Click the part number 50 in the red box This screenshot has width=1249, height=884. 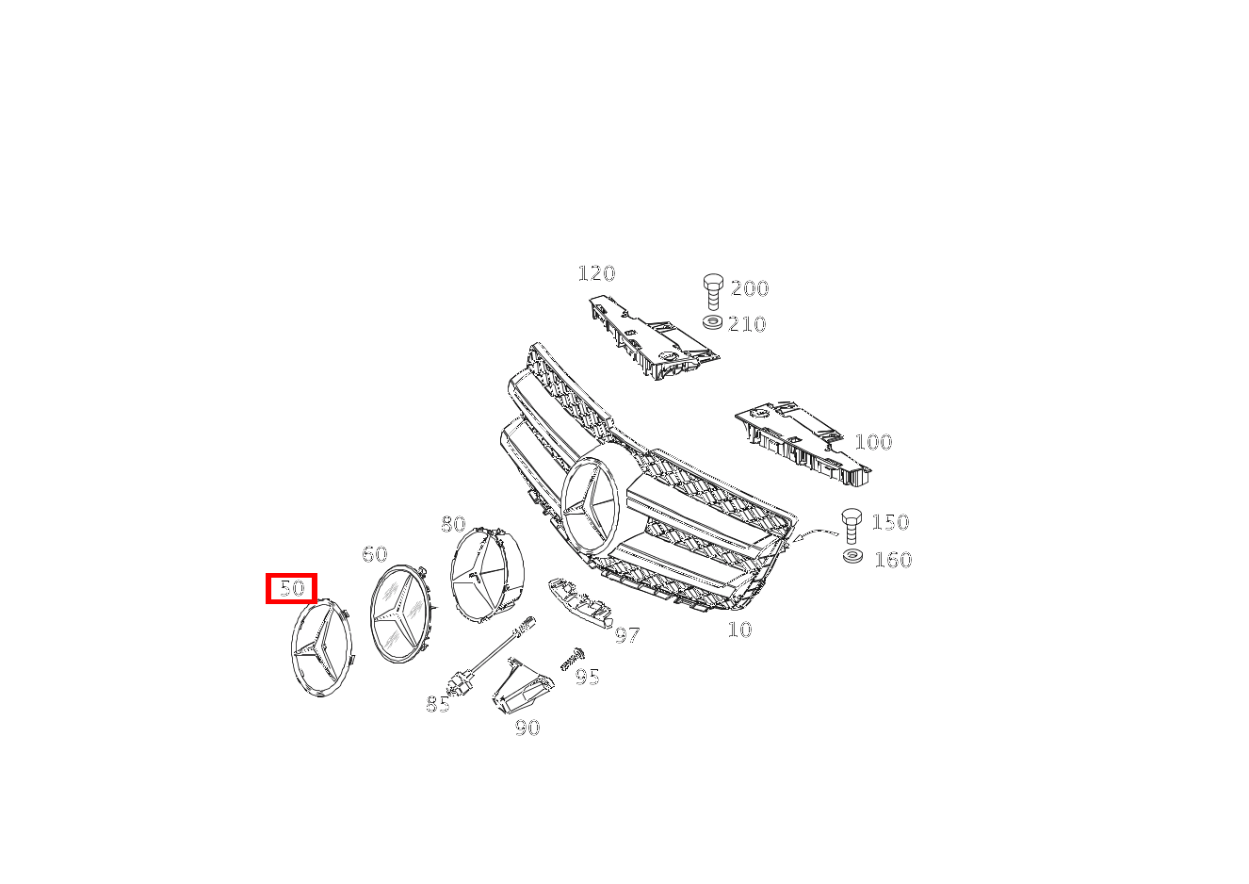click(292, 588)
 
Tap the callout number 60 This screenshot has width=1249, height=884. click(375, 554)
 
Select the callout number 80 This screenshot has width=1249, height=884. click(453, 524)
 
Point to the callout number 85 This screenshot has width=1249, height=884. click(438, 704)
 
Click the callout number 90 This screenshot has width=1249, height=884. click(527, 728)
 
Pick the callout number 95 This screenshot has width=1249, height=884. click(587, 677)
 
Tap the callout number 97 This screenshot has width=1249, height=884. click(626, 634)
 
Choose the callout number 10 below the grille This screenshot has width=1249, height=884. click(740, 630)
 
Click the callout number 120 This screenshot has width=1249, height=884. click(596, 273)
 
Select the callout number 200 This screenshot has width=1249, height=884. click(750, 288)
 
